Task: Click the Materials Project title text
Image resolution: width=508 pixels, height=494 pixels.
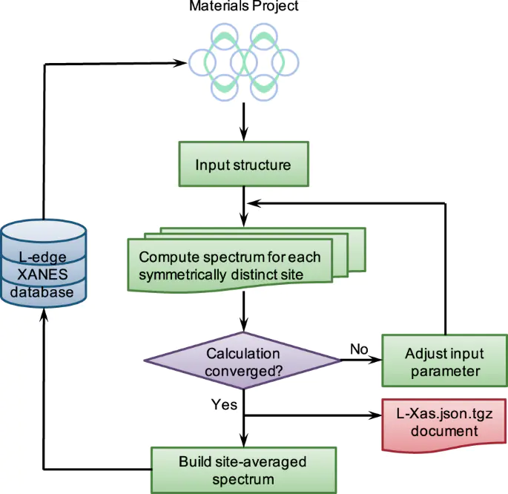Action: coord(243,7)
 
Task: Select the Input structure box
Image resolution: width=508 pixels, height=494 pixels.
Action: coord(243,164)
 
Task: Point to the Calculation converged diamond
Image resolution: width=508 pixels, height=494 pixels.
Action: coord(243,361)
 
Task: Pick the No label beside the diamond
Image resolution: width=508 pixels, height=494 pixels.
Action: coord(359,348)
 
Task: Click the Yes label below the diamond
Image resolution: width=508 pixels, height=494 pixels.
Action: coord(225,405)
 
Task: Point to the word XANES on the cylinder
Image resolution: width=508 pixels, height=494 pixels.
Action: coord(42,276)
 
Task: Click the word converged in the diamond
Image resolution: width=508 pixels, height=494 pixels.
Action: coord(243,369)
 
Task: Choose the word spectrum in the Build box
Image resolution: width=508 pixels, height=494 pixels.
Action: coord(243,478)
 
